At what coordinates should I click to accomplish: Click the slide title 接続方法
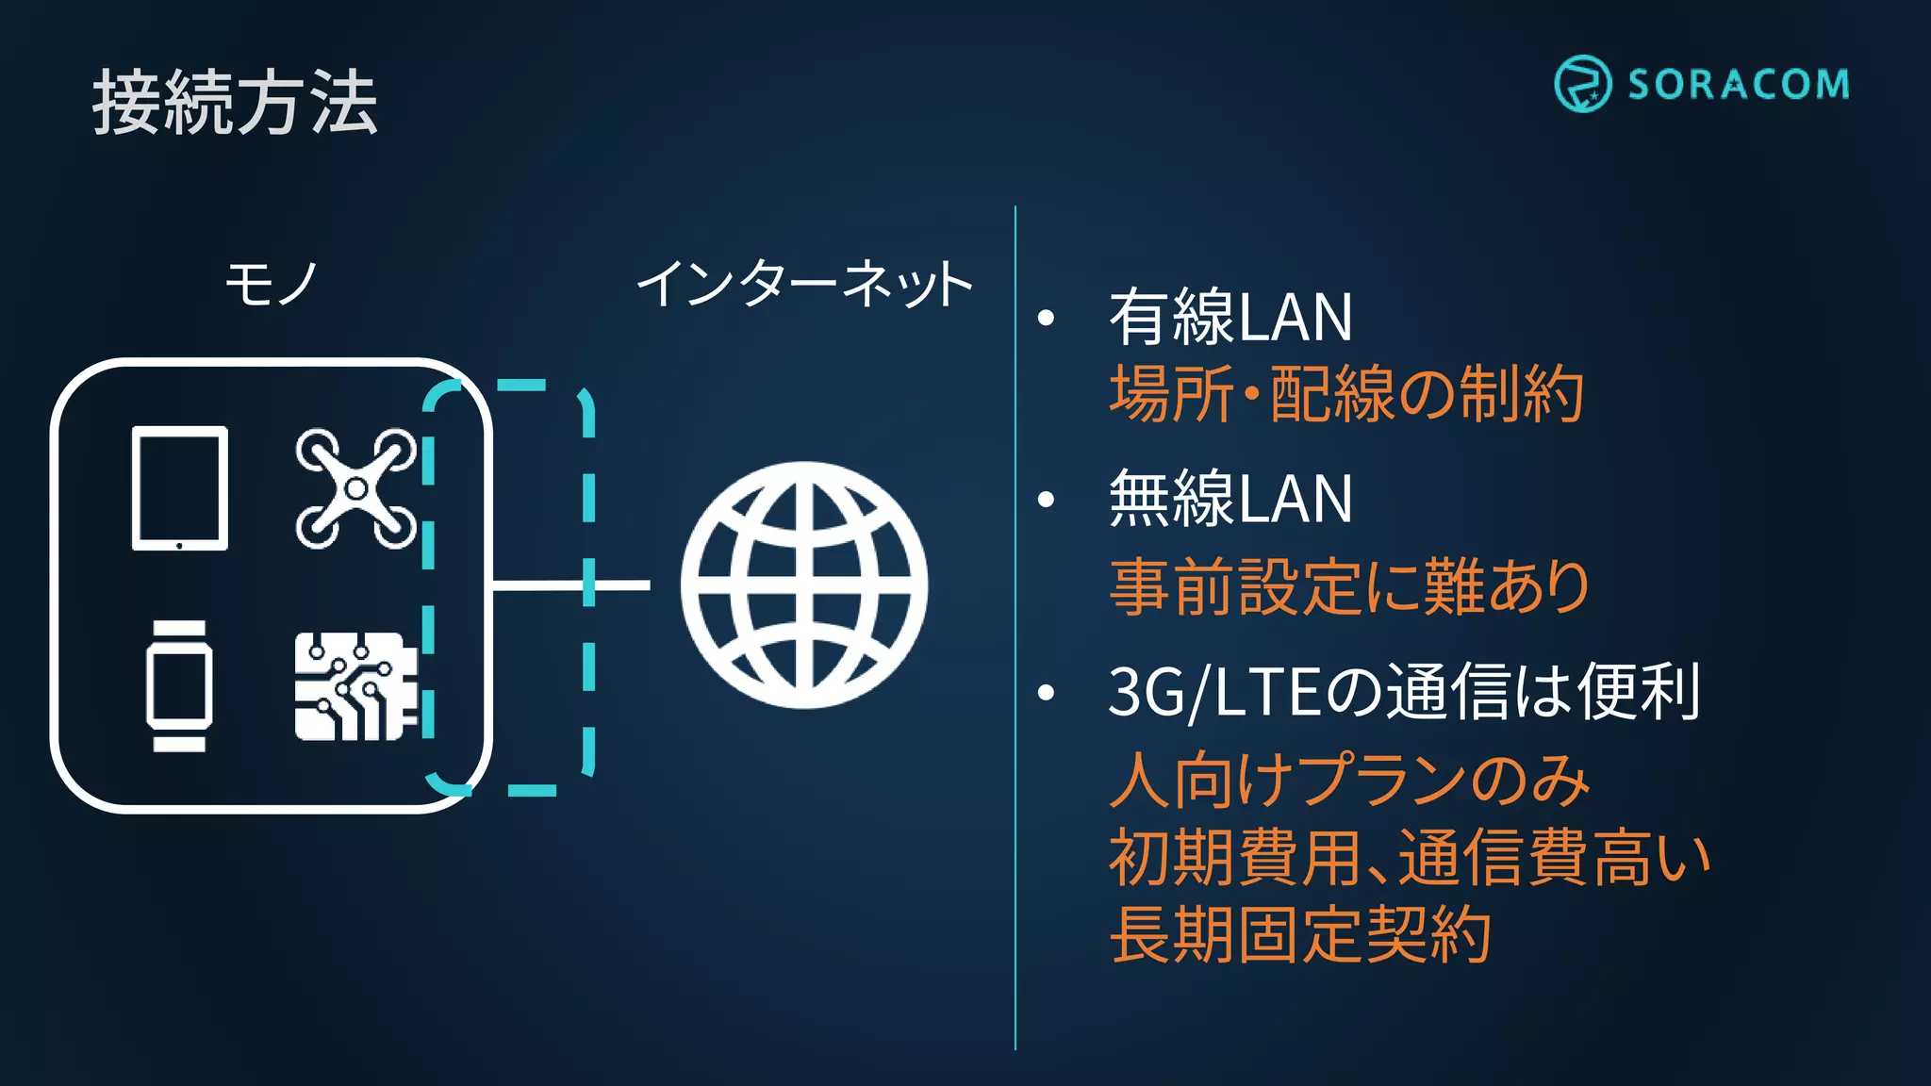pyautogui.click(x=235, y=103)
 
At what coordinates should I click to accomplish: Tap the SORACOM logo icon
pyautogui.click(x=1582, y=84)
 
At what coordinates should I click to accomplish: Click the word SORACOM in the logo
pyautogui.click(x=1738, y=85)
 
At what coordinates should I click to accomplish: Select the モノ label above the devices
pyautogui.click(x=271, y=283)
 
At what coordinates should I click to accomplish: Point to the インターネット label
pyautogui.click(x=804, y=283)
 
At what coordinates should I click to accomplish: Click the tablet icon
pyautogui.click(x=179, y=488)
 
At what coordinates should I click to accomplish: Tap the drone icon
pyautogui.click(x=355, y=488)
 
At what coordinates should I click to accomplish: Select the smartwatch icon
pyautogui.click(x=179, y=685)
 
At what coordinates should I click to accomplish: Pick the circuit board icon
pyautogui.click(x=355, y=685)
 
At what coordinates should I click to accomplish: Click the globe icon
pyautogui.click(x=804, y=584)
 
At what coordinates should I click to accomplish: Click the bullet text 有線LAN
pyautogui.click(x=1230, y=318)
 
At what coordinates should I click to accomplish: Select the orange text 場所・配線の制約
pyautogui.click(x=1345, y=394)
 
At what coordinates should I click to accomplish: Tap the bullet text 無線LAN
pyautogui.click(x=1230, y=499)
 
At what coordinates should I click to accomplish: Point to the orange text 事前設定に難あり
pyautogui.click(x=1348, y=586)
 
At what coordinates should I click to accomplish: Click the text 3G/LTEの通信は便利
pyautogui.click(x=1404, y=692)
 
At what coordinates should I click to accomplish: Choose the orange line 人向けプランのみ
pyautogui.click(x=1349, y=781)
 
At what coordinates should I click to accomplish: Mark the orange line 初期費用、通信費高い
pyautogui.click(x=1409, y=858)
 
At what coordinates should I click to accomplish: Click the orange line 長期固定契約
pyautogui.click(x=1299, y=934)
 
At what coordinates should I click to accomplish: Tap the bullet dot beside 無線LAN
pyautogui.click(x=1046, y=500)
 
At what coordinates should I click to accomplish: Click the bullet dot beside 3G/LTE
pyautogui.click(x=1046, y=693)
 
